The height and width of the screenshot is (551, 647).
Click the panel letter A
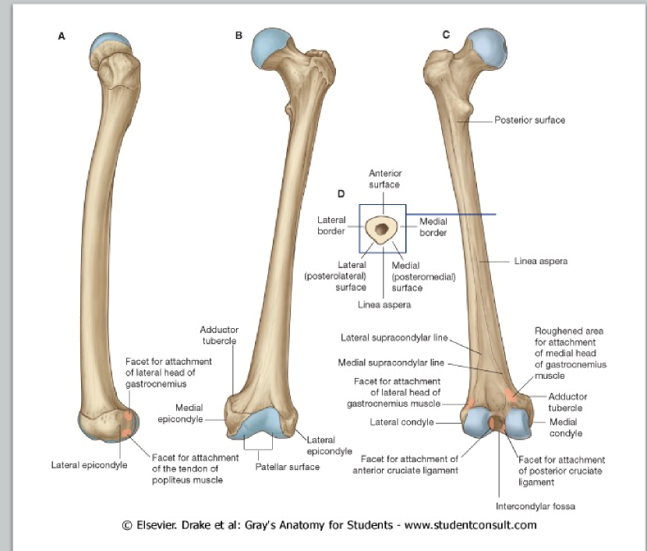[x=62, y=36]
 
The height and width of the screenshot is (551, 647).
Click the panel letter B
[x=239, y=35]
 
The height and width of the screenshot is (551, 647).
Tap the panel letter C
[x=446, y=35]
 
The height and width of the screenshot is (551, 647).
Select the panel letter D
[x=341, y=194]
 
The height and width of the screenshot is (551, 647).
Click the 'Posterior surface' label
[x=530, y=121]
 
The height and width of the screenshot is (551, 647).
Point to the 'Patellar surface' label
[x=288, y=467]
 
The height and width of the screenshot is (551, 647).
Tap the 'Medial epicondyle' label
[x=189, y=413]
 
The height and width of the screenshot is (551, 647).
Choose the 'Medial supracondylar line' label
[x=391, y=362]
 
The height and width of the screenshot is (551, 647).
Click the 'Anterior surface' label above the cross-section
[x=384, y=179]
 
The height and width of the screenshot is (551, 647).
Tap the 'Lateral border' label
[x=331, y=225]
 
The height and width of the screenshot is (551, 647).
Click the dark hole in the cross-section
[x=382, y=229]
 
